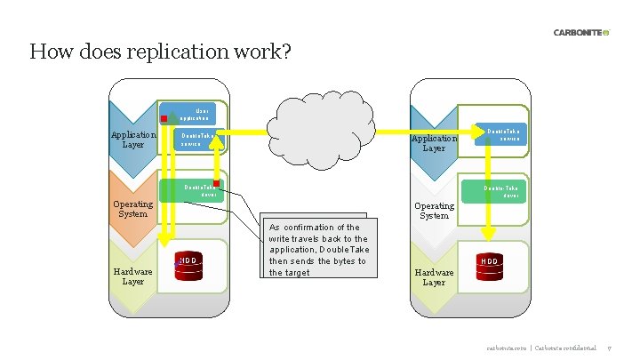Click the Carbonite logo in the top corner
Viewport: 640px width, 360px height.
(x=581, y=33)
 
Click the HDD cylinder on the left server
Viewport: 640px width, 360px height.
(x=188, y=265)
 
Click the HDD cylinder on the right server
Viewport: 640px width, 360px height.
(x=490, y=266)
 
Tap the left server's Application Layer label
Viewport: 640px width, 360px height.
(x=132, y=140)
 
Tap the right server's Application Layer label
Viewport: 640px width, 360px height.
(x=434, y=143)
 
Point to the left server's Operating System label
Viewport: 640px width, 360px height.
(x=132, y=209)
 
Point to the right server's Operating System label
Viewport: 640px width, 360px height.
(x=434, y=210)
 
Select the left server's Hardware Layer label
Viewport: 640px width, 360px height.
(x=132, y=276)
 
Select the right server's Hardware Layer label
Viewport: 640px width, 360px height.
(x=434, y=277)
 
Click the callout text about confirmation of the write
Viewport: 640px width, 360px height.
(x=317, y=250)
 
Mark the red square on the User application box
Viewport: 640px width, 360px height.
(x=164, y=117)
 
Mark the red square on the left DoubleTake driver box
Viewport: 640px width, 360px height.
(x=216, y=183)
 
